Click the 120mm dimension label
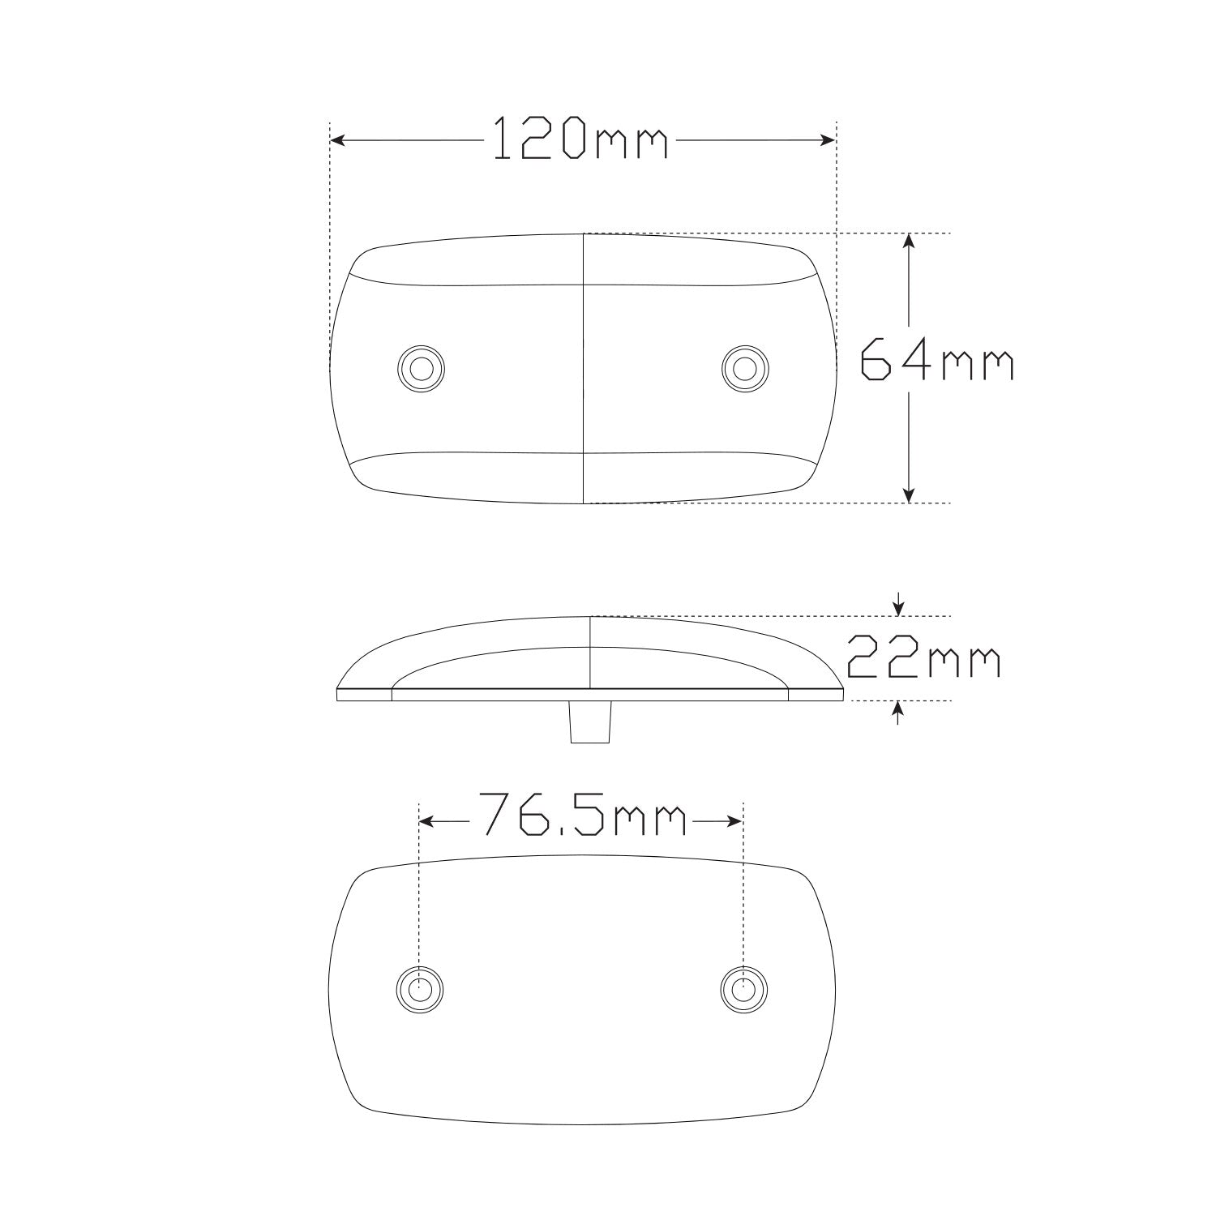click(580, 139)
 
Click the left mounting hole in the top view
click(421, 369)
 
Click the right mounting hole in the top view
click(744, 369)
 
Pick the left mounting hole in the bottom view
click(420, 988)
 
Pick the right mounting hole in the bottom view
click(744, 988)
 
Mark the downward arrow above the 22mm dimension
click(897, 606)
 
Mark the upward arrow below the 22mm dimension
click(897, 710)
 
